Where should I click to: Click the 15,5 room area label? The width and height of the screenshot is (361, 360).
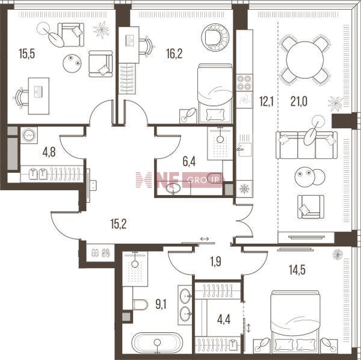click(x=27, y=54)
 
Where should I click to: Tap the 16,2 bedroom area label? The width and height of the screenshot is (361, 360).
click(x=174, y=54)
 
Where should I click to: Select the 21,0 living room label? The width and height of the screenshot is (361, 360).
click(x=299, y=101)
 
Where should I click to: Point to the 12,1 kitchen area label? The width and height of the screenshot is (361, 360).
click(x=267, y=101)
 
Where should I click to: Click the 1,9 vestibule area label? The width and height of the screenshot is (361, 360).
click(x=216, y=262)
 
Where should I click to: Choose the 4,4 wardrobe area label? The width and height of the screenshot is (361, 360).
click(x=224, y=320)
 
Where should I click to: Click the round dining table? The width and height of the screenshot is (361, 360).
click(x=305, y=60)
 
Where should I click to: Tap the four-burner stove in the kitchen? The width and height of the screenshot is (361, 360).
click(x=244, y=82)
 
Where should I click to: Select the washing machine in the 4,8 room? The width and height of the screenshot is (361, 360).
click(x=29, y=135)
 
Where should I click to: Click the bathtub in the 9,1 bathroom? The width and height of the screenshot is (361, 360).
click(x=157, y=343)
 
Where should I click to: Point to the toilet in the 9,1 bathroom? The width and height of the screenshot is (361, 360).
click(x=140, y=305)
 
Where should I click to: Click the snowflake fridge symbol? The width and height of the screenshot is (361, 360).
click(x=244, y=189)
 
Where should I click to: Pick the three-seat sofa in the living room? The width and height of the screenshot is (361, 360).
click(x=306, y=145)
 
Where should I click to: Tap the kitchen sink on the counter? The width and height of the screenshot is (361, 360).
click(x=245, y=149)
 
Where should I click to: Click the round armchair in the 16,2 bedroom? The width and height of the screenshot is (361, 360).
click(x=215, y=37)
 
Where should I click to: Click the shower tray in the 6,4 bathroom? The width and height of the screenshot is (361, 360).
click(x=220, y=143)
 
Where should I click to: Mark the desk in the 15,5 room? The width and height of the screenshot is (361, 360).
click(x=39, y=96)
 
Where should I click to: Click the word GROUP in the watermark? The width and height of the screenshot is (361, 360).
click(x=203, y=180)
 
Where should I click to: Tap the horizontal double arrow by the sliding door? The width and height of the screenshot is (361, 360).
click(x=205, y=239)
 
